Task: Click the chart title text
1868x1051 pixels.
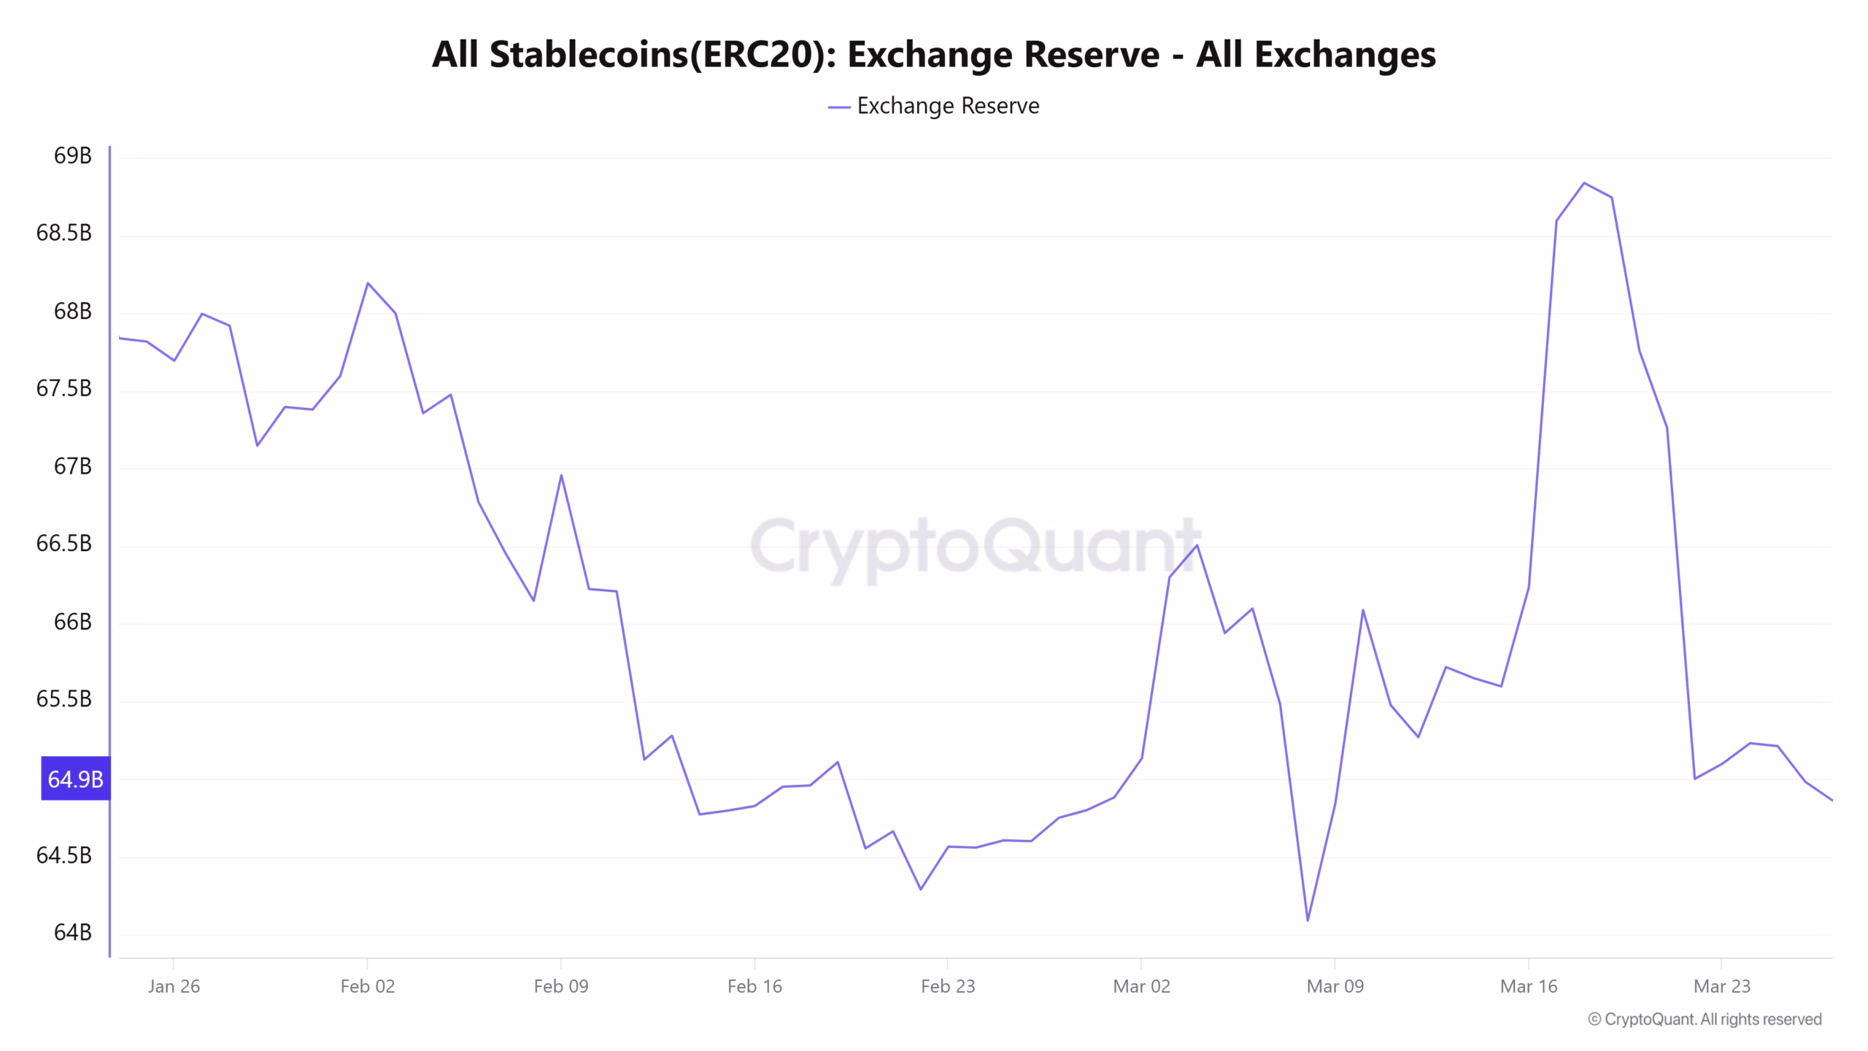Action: click(933, 55)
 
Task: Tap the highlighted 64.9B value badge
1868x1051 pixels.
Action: click(75, 779)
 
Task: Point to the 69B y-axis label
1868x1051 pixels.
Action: click(72, 155)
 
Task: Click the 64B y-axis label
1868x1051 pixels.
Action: click(72, 932)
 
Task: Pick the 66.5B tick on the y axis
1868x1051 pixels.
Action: click(64, 543)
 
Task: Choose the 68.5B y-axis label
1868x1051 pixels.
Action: click(64, 233)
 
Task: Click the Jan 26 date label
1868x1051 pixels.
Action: click(174, 986)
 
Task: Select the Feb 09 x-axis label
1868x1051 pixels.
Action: click(560, 986)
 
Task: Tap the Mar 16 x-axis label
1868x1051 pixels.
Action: click(1528, 986)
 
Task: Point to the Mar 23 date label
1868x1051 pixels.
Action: click(1721, 986)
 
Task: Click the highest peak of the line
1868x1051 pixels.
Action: click(1583, 183)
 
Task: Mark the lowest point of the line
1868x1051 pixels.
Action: click(1308, 920)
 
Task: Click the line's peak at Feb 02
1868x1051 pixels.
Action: click(368, 283)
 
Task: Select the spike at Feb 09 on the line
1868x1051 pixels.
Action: click(561, 475)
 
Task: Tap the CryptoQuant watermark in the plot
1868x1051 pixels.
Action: click(975, 546)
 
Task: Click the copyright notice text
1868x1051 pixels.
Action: click(1705, 1019)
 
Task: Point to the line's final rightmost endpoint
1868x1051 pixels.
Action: click(1832, 800)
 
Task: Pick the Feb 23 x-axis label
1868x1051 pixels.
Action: click(947, 986)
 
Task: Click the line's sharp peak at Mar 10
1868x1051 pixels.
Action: click(1362, 610)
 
